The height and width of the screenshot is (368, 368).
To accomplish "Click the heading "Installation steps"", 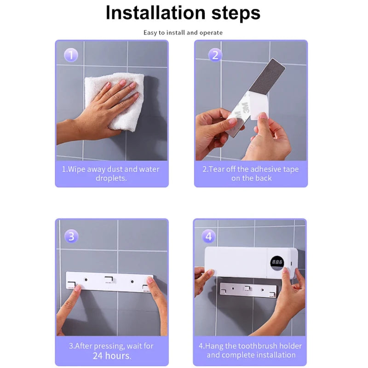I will click(183, 13).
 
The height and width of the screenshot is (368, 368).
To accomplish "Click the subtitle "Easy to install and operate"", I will click(183, 33).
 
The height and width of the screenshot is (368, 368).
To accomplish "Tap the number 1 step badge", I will click(70, 56).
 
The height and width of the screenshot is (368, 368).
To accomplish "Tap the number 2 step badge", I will click(214, 56).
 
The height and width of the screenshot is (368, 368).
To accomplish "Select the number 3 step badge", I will click(70, 236).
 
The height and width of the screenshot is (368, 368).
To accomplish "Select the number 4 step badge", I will click(209, 236).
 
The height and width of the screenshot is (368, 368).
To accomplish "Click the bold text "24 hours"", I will click(112, 356).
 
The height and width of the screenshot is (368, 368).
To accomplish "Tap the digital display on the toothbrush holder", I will click(277, 262).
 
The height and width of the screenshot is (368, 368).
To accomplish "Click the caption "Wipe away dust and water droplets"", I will click(111, 173).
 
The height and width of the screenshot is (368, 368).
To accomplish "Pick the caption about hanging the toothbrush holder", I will click(251, 350).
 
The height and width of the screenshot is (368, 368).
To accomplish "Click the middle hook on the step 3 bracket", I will click(109, 280).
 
